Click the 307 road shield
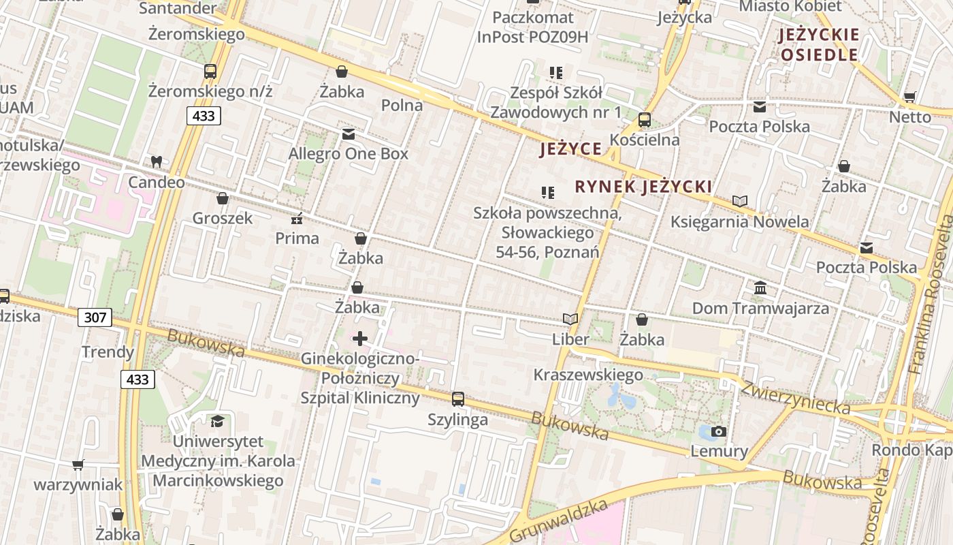coord(95,317)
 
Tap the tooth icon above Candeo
coord(156,162)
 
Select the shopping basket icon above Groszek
coord(222,198)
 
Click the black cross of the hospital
coord(360,338)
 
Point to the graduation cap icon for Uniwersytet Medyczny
coord(217,421)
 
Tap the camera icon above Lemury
coord(718,431)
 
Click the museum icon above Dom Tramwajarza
coord(760,288)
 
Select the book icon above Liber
coord(570,319)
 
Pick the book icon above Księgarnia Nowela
coord(740,201)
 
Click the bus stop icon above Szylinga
coord(458,399)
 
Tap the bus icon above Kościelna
coord(645,120)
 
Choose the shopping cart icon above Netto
coord(909,97)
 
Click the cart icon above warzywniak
coord(78,465)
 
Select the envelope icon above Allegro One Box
coord(349,134)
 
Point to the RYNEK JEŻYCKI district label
coord(643,187)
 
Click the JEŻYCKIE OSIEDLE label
coord(820,45)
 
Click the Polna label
coord(402,105)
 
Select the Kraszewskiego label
coord(588,375)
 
